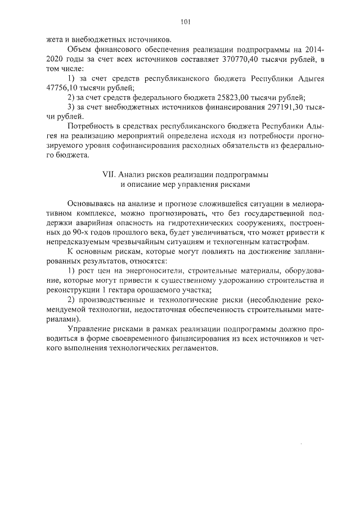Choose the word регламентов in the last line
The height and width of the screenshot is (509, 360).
(x=194, y=348)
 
